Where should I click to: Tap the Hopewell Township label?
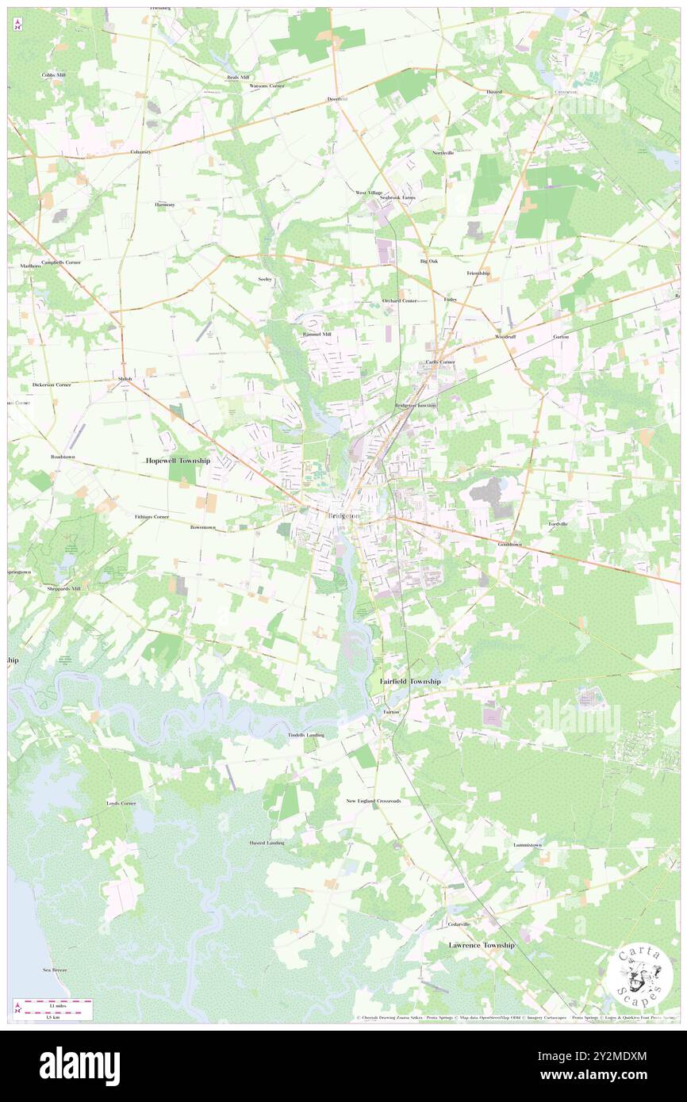point(178,461)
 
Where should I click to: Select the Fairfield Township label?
point(409,681)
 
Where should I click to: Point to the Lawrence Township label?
point(482,945)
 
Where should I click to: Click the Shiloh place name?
point(125,379)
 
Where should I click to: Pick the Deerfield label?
point(338,99)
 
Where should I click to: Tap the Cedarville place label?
point(459,924)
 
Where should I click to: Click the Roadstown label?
point(40,457)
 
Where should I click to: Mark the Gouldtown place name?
point(510,545)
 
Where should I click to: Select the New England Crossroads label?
point(373,801)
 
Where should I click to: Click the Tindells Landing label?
point(305,735)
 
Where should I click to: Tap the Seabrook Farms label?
point(397,197)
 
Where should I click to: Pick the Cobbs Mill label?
point(54,75)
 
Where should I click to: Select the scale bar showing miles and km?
point(52,1009)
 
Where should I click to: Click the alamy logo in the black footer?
point(79,1066)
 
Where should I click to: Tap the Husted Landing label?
point(267,843)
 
